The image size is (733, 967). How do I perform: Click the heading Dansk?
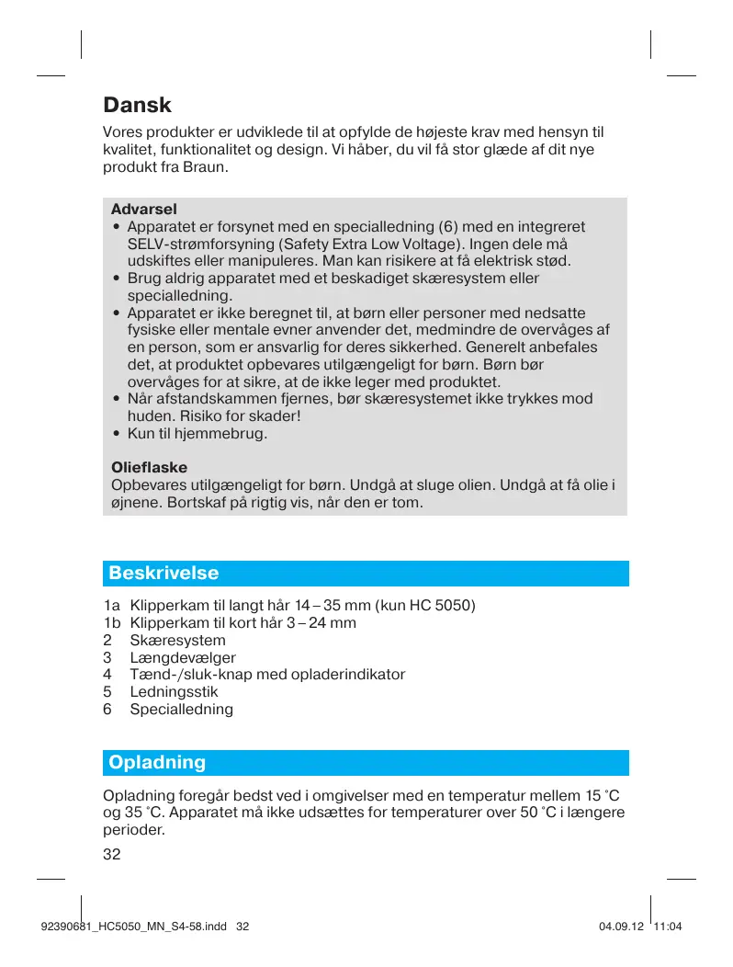pyautogui.click(x=138, y=106)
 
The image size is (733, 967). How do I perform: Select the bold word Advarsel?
pyautogui.click(x=143, y=209)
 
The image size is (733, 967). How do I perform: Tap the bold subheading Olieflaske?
pyautogui.click(x=149, y=468)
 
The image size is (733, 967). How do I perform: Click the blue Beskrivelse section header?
pyautogui.click(x=164, y=574)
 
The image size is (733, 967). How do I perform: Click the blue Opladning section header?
pyautogui.click(x=157, y=763)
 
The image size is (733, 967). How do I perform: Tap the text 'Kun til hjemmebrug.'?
pyautogui.click(x=197, y=433)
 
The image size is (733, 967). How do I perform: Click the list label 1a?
pyautogui.click(x=112, y=606)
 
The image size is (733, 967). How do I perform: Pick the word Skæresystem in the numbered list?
pyautogui.click(x=177, y=640)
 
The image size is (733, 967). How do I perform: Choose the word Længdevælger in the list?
pyautogui.click(x=183, y=657)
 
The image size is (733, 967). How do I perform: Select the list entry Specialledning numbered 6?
pyautogui.click(x=182, y=710)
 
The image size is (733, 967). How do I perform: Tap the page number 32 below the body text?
pyautogui.click(x=112, y=854)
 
